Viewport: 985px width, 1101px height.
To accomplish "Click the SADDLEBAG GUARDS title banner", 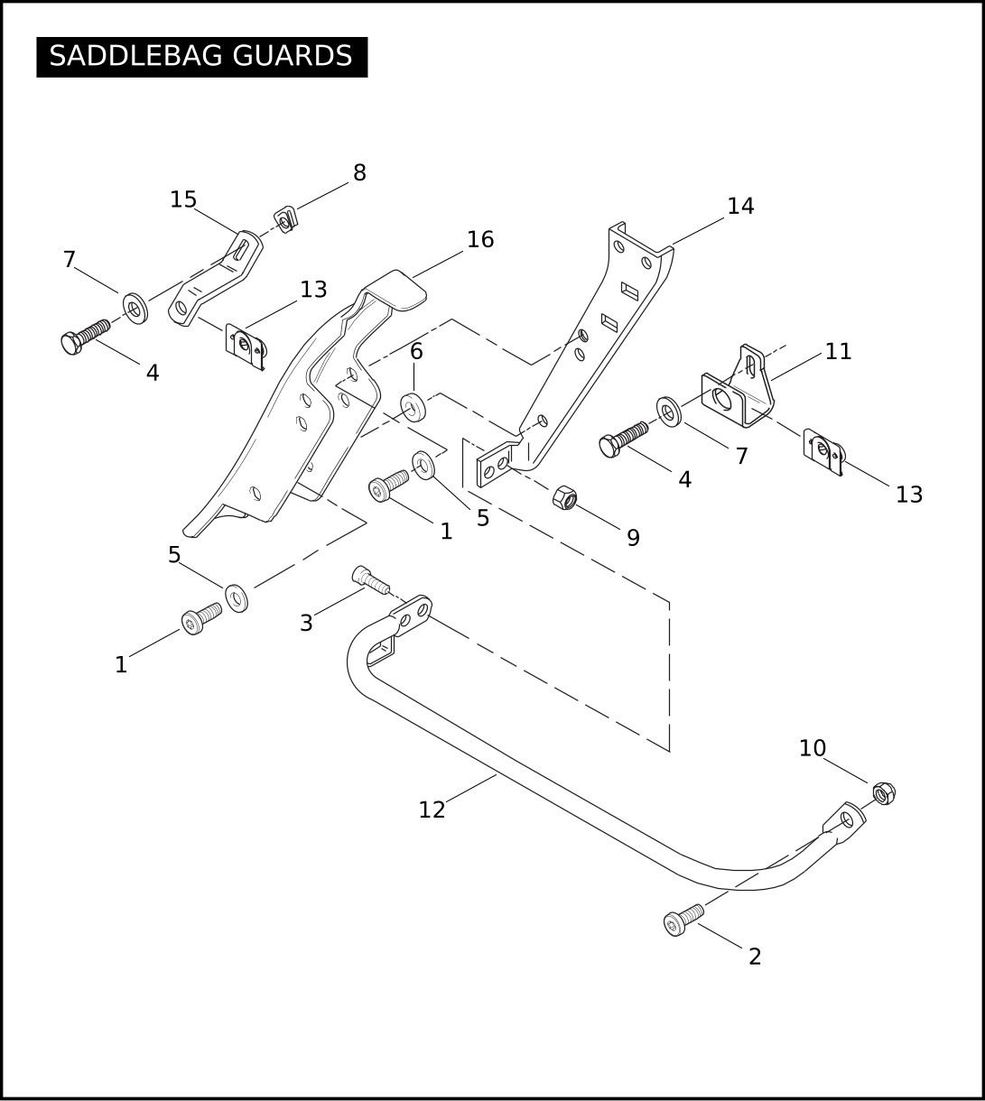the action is pos(201,57).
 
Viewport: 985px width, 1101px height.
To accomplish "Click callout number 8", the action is pos(359,172).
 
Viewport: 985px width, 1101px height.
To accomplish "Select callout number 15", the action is pos(183,199).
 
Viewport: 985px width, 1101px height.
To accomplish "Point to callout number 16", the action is pos(480,240).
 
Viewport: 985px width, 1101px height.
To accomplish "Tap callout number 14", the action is pos(740,206).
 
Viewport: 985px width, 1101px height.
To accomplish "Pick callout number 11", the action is pos(838,352).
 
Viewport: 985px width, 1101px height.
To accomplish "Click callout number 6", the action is pos(416,352).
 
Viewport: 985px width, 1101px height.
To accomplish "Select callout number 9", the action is pos(633,538).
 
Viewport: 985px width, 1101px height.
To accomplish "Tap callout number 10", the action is pos(813,748).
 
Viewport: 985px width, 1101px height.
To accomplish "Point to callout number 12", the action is pos(432,810).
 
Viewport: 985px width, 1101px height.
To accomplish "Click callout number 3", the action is pos(307,624).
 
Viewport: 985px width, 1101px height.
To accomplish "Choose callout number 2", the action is pos(755,957).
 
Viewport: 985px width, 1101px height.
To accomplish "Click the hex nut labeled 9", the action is pos(565,498).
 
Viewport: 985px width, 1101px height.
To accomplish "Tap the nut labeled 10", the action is pos(884,793).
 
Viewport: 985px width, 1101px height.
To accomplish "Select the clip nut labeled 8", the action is pos(286,219).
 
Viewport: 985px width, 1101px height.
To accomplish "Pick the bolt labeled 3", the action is pos(371,580).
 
